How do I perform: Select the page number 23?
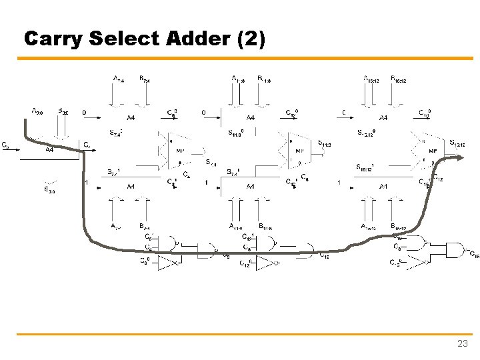[462, 344]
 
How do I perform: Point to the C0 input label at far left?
[5, 145]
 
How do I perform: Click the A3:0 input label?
[38, 111]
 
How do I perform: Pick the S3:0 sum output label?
[49, 189]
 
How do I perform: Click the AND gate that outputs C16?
[455, 251]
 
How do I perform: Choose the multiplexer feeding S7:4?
[179, 151]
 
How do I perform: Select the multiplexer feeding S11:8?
[300, 151]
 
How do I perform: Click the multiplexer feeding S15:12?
[432, 151]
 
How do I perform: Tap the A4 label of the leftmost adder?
[50, 150]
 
